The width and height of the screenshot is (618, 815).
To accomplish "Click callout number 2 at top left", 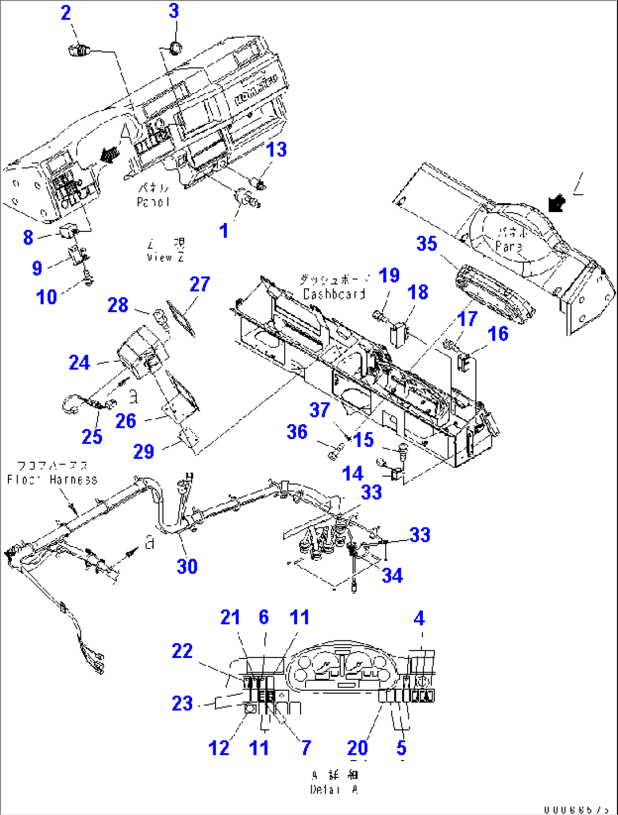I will tap(66, 13).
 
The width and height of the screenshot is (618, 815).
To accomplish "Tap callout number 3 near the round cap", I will tap(174, 11).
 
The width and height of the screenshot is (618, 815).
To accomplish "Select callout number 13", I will tap(277, 150).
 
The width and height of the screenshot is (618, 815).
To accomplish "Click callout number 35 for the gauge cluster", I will tap(427, 244).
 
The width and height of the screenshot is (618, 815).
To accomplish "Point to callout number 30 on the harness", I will tap(187, 566).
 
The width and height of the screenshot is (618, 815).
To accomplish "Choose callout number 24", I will tap(79, 362).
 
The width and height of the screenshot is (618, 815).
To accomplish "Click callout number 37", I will tap(320, 409).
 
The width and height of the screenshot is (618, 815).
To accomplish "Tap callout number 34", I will tap(392, 576).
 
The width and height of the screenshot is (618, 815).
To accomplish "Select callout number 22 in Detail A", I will tap(182, 651).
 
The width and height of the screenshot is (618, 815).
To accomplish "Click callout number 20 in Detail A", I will tap(358, 748).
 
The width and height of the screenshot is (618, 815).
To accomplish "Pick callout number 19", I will tap(390, 276).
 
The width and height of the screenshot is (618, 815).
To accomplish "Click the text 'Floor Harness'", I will tap(52, 480).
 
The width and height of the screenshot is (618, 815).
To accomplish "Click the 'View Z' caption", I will tap(166, 257).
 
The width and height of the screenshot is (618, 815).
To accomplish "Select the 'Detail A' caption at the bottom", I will tap(334, 789).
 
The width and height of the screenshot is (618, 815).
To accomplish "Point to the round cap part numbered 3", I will tap(175, 47).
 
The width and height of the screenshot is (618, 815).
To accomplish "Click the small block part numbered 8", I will tap(68, 231).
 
